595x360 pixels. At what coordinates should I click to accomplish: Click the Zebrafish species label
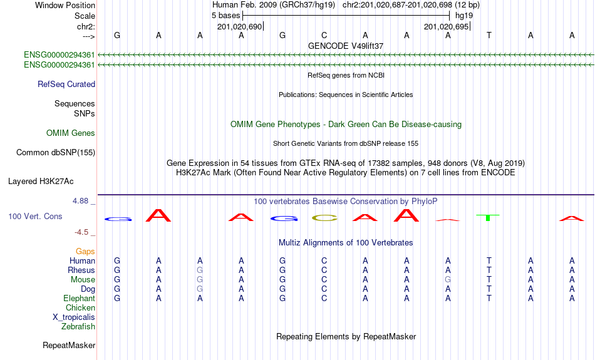click(78, 326)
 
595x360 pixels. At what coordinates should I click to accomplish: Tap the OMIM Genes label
click(71, 133)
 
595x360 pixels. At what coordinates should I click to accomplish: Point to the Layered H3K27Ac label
click(41, 182)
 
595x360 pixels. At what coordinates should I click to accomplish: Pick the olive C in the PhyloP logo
click(324, 218)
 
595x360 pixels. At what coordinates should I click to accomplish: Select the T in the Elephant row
click(489, 298)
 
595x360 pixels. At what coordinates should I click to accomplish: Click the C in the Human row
click(324, 260)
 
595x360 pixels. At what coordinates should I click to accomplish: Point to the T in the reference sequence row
click(489, 35)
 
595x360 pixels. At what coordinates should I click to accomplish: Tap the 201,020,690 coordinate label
click(239, 26)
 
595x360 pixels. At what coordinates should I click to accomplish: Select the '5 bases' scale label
click(226, 15)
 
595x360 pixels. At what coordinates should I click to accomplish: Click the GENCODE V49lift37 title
click(346, 46)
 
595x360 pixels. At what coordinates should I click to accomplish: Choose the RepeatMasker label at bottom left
click(69, 345)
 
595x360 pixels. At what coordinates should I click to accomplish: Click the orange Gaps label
click(85, 251)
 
